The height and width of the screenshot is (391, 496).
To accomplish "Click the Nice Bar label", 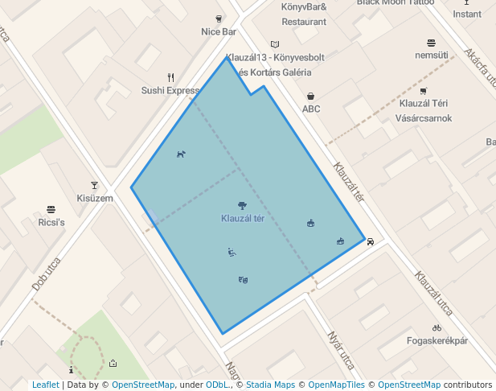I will tap(219, 32).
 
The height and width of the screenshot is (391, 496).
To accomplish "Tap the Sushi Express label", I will tap(170, 91).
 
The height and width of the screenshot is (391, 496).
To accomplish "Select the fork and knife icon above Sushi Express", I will tap(170, 77).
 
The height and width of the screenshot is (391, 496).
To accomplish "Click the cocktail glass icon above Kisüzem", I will tap(94, 185).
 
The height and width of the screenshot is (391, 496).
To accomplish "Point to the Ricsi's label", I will tap(51, 222).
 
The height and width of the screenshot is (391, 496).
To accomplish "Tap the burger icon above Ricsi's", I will tap(51, 209).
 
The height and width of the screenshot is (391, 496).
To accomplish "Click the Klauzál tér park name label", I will tap(243, 219).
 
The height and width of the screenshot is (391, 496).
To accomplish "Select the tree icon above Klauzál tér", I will tap(243, 206).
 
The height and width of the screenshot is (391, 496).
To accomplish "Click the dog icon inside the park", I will tap(181, 154).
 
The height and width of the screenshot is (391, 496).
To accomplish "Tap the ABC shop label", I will tap(311, 109).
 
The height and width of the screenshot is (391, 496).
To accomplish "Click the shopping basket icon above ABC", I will tap(310, 96).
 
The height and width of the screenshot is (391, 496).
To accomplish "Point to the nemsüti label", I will tap(431, 56).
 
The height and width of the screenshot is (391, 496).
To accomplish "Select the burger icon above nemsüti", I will tap(432, 42).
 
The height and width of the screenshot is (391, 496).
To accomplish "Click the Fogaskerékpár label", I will tap(437, 341).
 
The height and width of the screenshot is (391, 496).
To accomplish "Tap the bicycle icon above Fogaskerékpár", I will tap(437, 327).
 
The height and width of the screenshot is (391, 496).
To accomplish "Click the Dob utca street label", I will tap(47, 274).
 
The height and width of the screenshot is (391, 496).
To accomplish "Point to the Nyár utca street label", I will tap(341, 349).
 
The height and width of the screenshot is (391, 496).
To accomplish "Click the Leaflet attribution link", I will tap(46, 385).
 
